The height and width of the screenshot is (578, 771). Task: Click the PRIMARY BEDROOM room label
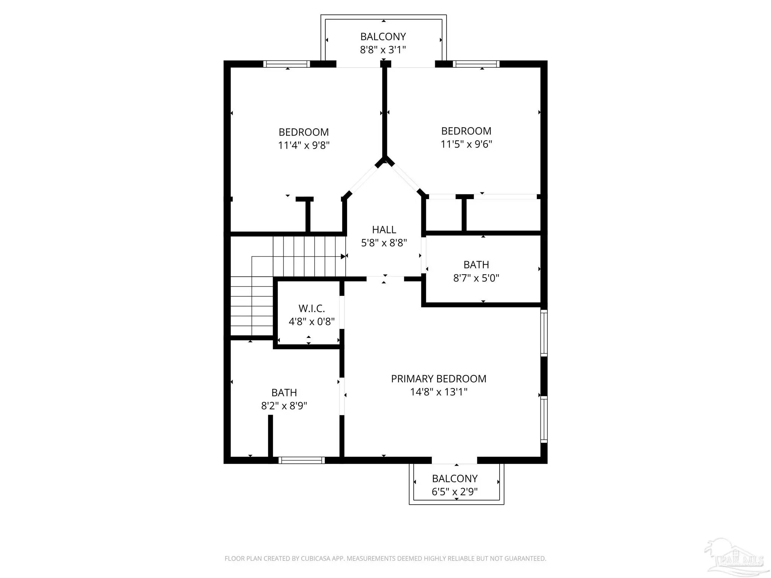point(439,379)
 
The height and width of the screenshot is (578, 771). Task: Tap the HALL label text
point(384,230)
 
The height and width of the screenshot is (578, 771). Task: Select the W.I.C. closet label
point(312,309)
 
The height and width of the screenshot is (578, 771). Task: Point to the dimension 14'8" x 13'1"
point(439,392)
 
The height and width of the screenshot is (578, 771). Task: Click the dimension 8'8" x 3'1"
point(383,50)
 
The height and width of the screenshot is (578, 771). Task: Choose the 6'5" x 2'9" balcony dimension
point(455,491)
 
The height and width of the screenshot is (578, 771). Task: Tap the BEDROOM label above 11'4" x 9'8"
point(304,132)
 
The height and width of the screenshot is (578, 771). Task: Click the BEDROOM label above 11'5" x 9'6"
point(466,131)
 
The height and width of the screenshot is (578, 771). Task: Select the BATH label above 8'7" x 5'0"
point(476,265)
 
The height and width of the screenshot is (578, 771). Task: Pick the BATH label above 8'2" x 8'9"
point(284,392)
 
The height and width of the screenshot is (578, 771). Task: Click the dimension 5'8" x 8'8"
point(384,243)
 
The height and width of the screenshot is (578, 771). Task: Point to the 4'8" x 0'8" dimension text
point(312,322)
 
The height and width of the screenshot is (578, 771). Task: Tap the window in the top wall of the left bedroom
point(286,64)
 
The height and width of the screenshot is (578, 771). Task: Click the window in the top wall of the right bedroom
point(476,64)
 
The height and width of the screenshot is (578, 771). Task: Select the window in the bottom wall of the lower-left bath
point(302,460)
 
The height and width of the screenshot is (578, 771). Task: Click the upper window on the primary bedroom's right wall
point(544,333)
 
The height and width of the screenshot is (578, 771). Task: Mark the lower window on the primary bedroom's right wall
point(544,419)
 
